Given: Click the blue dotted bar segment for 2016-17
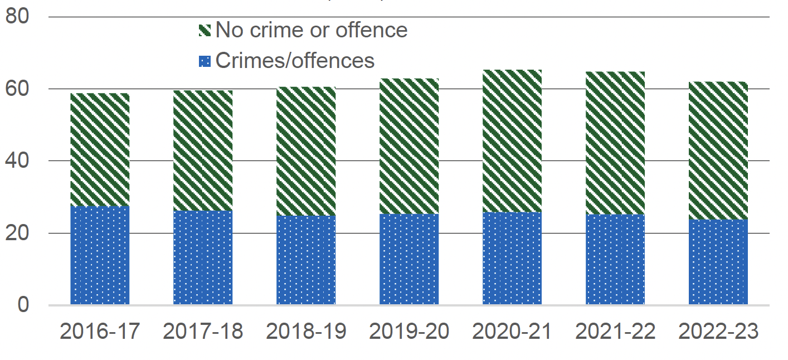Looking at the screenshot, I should [100, 255].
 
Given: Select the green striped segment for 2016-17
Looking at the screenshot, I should [100, 149].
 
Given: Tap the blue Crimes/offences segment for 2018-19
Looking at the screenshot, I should [306, 260].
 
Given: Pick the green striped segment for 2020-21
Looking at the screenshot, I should [512, 141].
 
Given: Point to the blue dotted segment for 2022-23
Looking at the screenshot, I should [718, 262].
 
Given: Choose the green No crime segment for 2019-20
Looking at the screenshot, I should [409, 146].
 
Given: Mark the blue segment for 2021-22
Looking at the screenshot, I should [615, 259].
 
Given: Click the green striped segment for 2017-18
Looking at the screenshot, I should [203, 150].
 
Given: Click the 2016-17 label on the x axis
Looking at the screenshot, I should [100, 332].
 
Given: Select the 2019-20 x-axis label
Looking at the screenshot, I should [409, 332].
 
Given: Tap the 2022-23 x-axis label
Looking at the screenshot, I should [718, 332].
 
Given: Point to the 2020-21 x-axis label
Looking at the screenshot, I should [512, 332].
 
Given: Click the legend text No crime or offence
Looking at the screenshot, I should [311, 30].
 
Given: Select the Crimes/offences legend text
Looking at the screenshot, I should [295, 60].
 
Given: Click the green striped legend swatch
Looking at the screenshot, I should [205, 31].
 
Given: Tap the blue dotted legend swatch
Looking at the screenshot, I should [205, 61].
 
